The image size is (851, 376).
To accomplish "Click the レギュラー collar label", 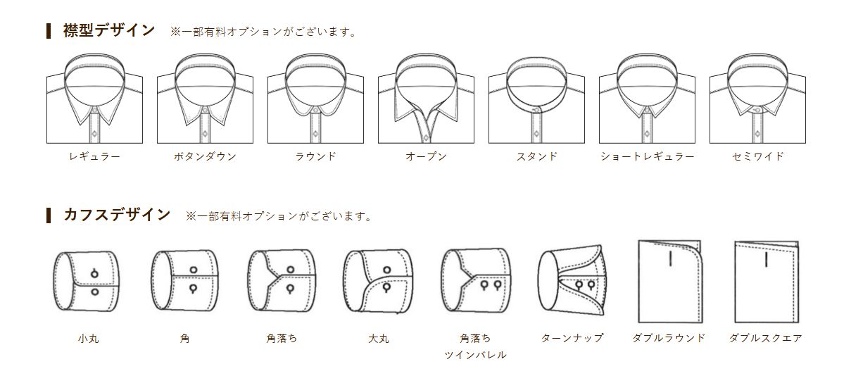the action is pyautogui.click(x=94, y=156).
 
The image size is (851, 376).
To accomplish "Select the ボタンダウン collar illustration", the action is pyautogui.click(x=205, y=99).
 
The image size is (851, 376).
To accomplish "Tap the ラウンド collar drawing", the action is pyautogui.click(x=315, y=99).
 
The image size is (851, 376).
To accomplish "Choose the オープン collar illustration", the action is pyautogui.click(x=426, y=99).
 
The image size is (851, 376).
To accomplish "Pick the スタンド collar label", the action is pyautogui.click(x=536, y=156).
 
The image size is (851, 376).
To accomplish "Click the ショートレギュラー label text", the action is pyautogui.click(x=648, y=156).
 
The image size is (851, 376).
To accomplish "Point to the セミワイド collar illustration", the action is pyautogui.click(x=757, y=99).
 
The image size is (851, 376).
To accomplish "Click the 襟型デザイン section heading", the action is pyautogui.click(x=108, y=30).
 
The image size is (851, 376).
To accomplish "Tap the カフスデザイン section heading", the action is pyautogui.click(x=117, y=215).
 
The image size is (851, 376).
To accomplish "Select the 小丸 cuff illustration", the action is pyautogui.click(x=87, y=282).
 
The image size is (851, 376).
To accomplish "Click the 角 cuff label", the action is pyautogui.click(x=184, y=338).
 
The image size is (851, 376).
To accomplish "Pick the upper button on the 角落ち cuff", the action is pyautogui.click(x=291, y=270).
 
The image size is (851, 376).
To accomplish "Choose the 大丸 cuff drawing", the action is pyautogui.click(x=378, y=282).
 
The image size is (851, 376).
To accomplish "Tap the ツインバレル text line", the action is pyautogui.click(x=475, y=355).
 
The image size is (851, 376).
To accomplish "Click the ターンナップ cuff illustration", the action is pyautogui.click(x=572, y=280).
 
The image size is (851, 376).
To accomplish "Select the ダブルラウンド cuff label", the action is pyautogui.click(x=669, y=338).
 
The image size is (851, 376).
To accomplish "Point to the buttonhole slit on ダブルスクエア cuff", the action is pyautogui.click(x=767, y=259).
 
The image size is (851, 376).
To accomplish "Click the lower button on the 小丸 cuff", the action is pyautogui.click(x=95, y=292).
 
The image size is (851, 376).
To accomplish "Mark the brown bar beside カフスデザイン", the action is pyautogui.click(x=49, y=215).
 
